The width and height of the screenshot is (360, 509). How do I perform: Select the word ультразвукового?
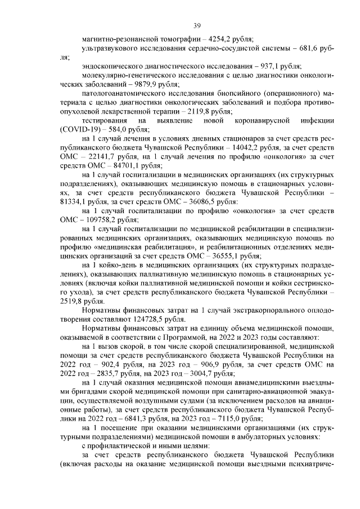pos(110,49)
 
